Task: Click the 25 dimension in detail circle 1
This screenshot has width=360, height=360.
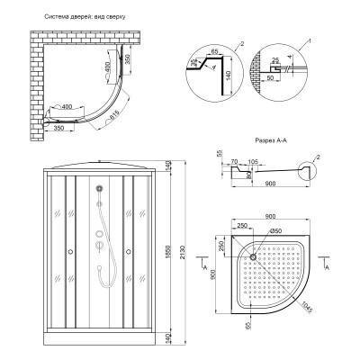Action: [298, 58]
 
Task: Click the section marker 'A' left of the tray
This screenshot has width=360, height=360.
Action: [210, 266]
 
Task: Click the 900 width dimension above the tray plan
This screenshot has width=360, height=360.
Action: [276, 216]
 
